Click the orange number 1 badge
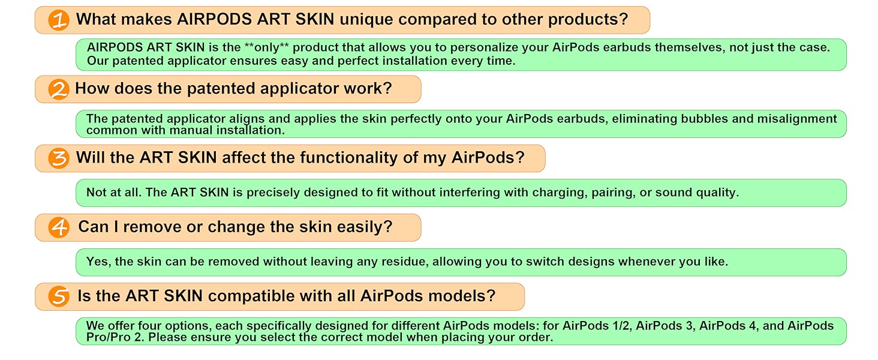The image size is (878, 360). [x=59, y=20]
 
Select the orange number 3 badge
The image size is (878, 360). [x=59, y=159]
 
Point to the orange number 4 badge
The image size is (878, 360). [x=59, y=228]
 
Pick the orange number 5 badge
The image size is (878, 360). [x=59, y=297]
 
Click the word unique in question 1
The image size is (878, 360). [x=366, y=20]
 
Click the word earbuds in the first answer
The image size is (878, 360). [x=624, y=47]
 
